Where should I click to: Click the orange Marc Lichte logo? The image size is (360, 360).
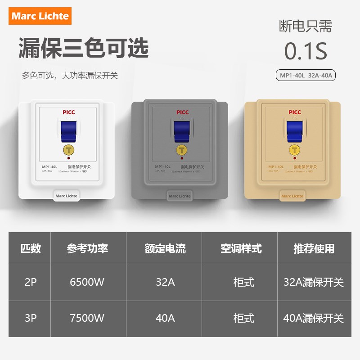tap(40, 16)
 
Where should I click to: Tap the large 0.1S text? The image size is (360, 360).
tap(306, 51)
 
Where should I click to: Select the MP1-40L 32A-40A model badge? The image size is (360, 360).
tap(306, 75)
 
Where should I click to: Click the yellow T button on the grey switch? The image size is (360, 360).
tap(181, 150)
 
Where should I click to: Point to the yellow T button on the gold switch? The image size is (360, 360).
tap(294, 150)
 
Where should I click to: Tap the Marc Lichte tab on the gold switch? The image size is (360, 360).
tap(292, 196)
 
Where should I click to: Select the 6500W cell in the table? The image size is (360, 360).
tap(87, 282)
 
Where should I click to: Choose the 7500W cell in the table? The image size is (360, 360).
tap(87, 318)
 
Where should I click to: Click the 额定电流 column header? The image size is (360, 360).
tap(165, 248)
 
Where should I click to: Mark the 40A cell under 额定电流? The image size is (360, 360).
tap(165, 318)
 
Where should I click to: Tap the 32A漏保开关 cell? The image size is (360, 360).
tap(313, 282)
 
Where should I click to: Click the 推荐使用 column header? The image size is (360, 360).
tap(314, 248)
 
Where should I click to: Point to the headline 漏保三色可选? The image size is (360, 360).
tap(83, 48)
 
